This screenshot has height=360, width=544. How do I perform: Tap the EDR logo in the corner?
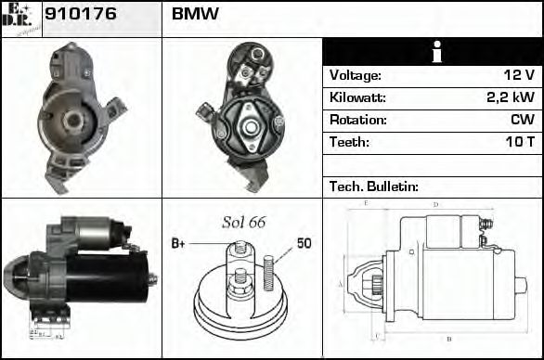click(x=20, y=19)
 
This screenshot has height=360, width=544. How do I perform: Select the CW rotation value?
click(x=522, y=121)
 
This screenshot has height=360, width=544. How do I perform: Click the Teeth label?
click(x=349, y=143)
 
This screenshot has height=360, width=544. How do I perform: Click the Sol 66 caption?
click(x=243, y=223)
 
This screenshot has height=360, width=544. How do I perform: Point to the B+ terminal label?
click(x=178, y=244)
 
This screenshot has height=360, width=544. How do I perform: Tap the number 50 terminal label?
click(x=304, y=243)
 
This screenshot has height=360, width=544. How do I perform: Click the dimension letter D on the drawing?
click(x=435, y=205)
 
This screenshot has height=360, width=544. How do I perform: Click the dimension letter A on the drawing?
click(x=341, y=284)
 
